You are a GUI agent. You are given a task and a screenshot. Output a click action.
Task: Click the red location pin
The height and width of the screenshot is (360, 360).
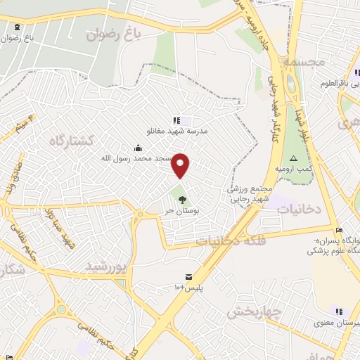tap(181, 165)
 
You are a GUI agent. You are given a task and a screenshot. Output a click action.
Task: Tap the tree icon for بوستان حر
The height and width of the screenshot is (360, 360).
tap(183, 200)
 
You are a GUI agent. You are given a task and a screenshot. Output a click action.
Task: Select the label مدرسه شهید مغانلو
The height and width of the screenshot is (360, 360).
tap(176, 131)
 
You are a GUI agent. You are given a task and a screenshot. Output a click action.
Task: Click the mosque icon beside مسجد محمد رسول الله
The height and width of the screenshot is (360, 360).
tap(138, 148)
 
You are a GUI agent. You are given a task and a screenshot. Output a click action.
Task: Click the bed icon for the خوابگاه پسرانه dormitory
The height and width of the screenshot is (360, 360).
tap(339, 230)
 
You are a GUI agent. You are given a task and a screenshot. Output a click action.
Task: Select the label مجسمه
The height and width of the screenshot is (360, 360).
tap(303, 62)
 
